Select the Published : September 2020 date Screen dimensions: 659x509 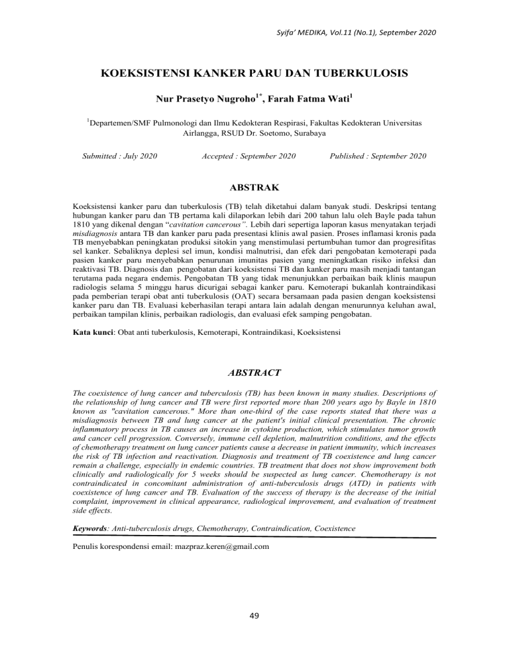coord(378,176)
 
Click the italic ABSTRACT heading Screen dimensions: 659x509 coord(254,373)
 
